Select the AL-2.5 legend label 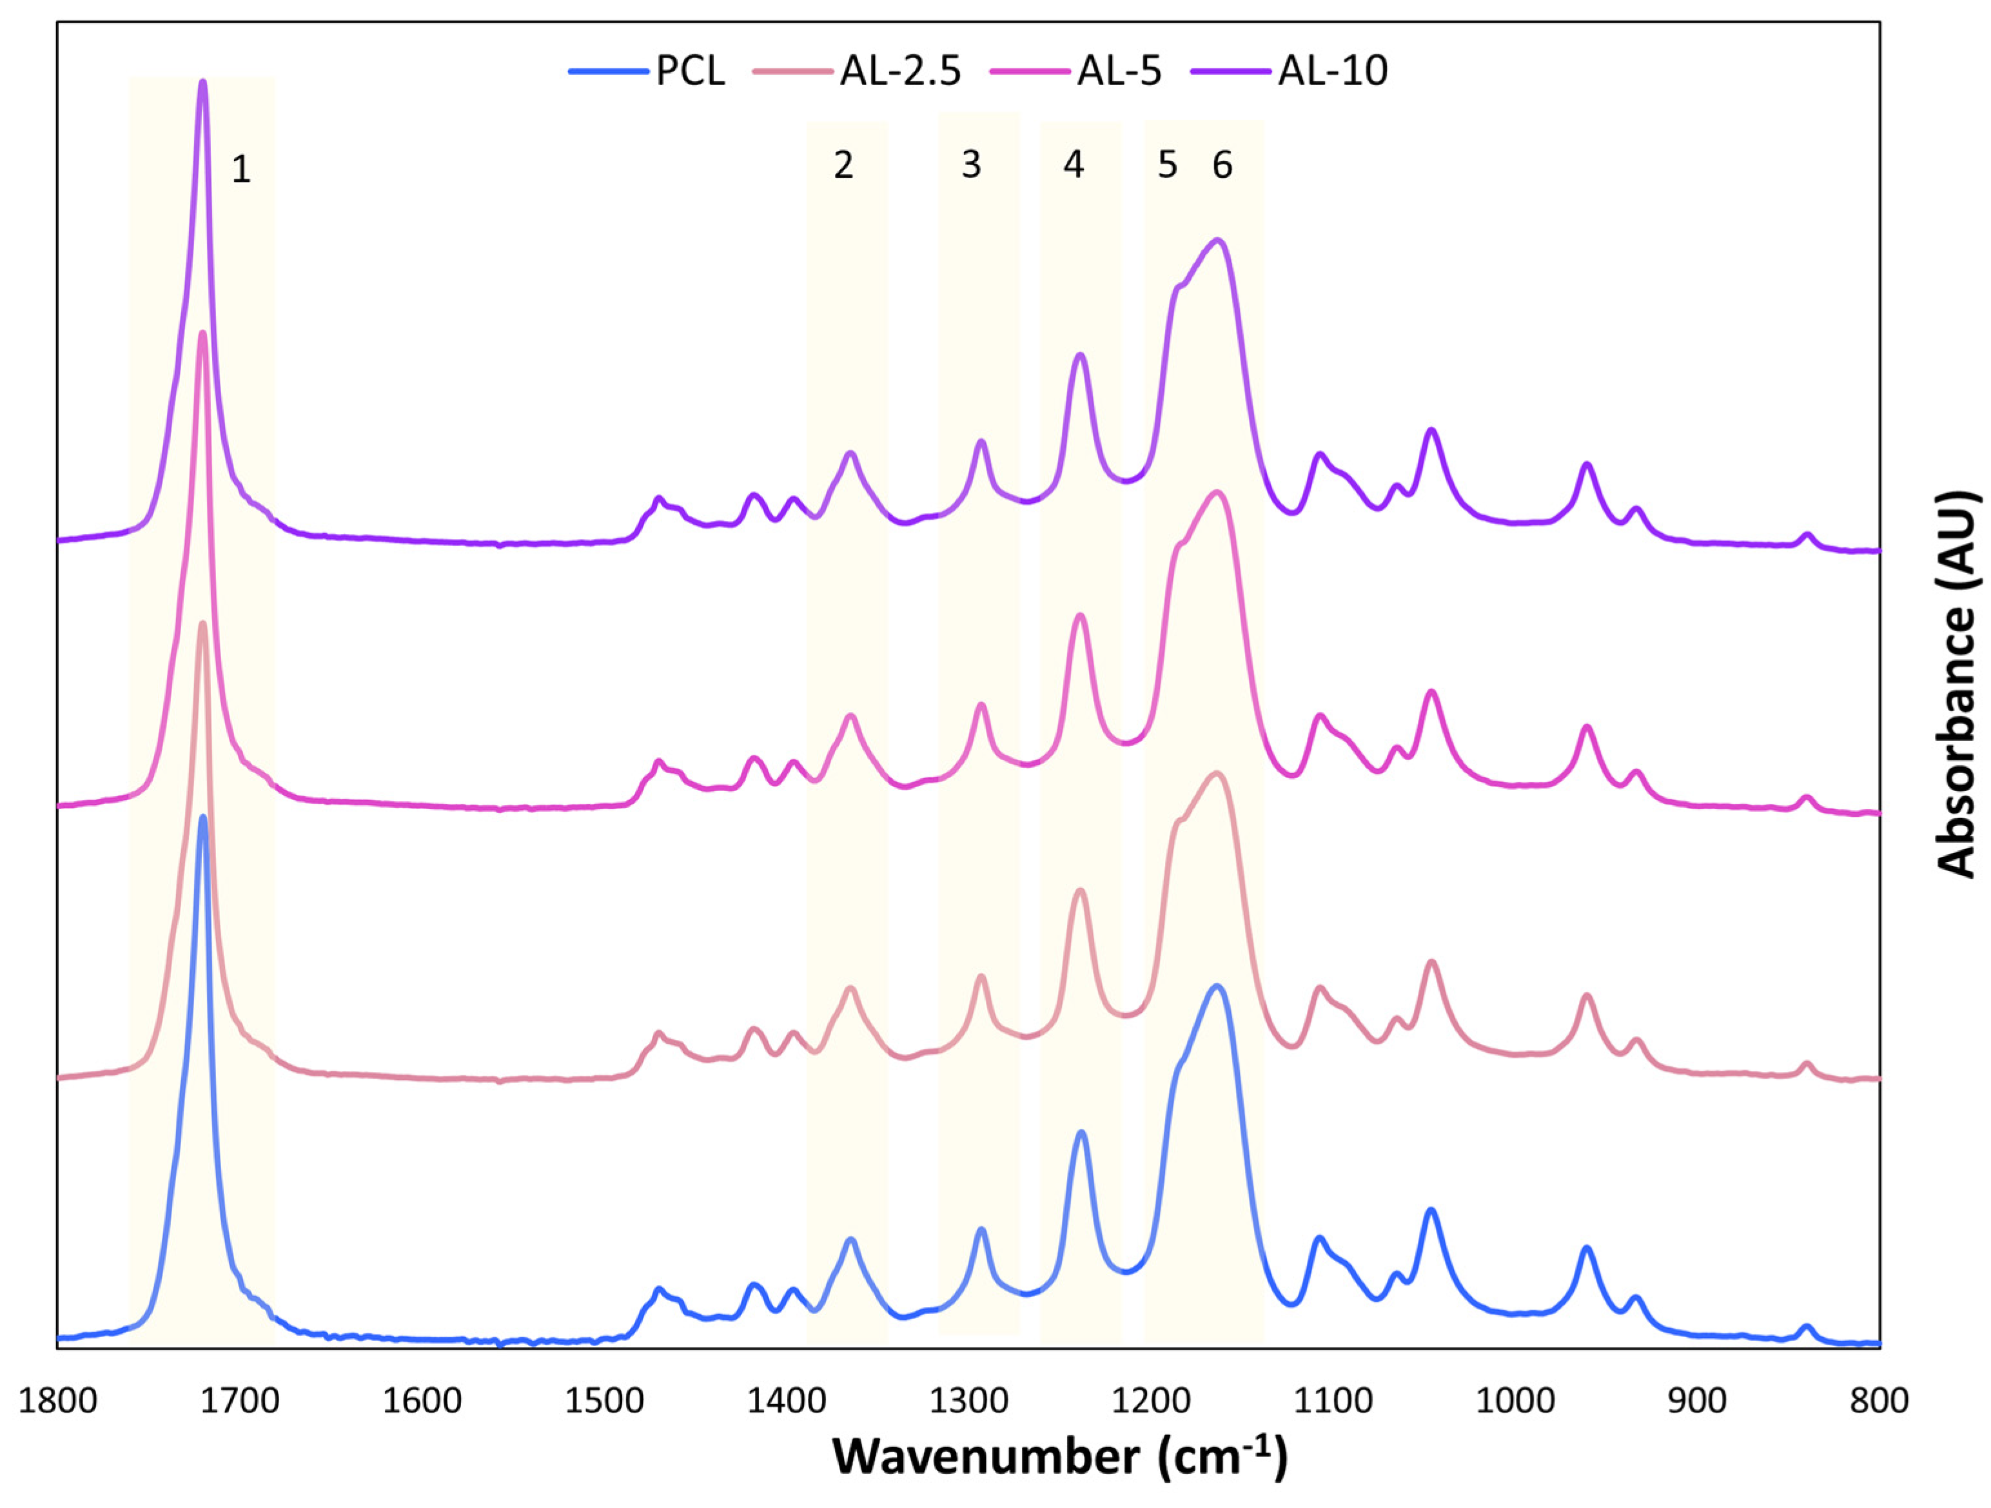900,71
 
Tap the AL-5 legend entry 1119,71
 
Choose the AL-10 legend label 1332,71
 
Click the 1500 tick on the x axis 603,1402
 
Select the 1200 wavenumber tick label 1150,1402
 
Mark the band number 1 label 240,170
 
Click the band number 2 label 843,166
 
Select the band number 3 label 970,165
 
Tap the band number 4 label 1073,165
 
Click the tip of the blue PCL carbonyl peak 202,818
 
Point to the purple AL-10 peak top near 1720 202,81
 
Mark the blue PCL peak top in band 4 1081,1133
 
